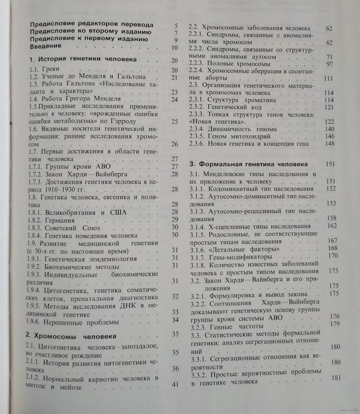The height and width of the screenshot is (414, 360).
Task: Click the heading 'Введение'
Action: [x=46, y=46]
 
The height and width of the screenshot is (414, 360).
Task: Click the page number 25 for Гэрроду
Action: [x=175, y=121]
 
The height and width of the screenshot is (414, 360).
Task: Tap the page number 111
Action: [x=328, y=78]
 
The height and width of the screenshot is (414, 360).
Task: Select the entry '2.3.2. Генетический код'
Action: [x=225, y=107]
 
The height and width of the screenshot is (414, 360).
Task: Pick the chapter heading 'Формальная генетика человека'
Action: [x=248, y=164]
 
